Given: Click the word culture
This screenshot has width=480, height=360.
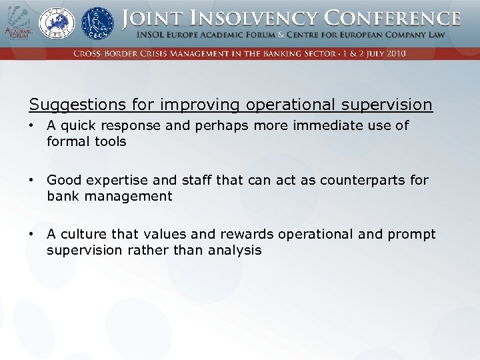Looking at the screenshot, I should click(81, 235).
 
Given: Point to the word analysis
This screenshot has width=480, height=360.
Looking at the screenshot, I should click(236, 251).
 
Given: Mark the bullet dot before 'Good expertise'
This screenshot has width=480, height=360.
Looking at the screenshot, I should click(32, 180).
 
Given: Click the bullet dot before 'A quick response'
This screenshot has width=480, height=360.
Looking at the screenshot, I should click(32, 125).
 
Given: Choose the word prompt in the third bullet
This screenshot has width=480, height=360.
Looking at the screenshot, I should click(410, 235).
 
